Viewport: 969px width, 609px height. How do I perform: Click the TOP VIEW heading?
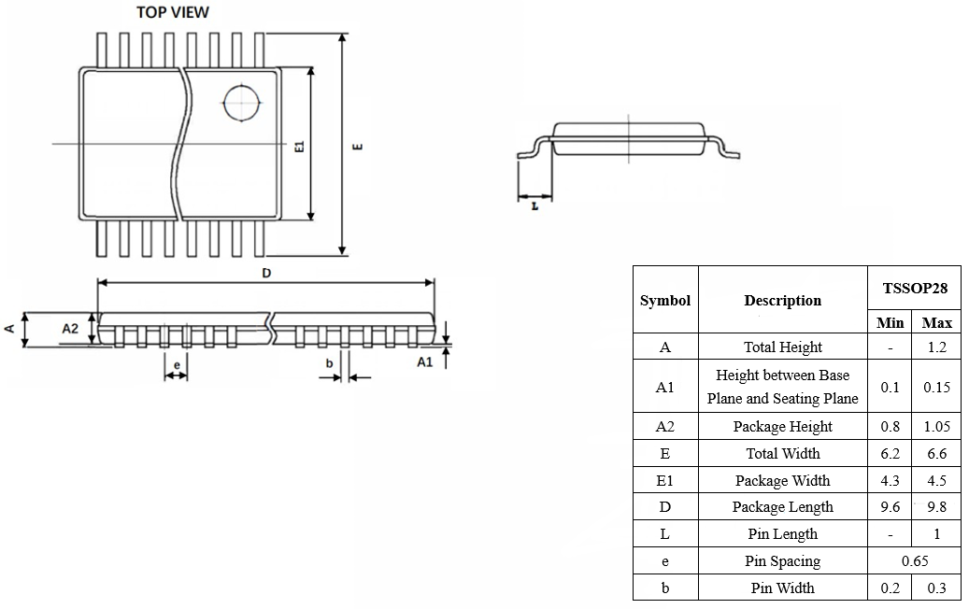click(173, 12)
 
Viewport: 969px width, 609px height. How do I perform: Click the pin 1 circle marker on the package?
click(242, 86)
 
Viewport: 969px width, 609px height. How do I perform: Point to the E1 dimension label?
click(300, 147)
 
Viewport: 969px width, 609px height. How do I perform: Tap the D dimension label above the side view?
click(266, 273)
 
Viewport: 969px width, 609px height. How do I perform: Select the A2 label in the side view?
click(70, 328)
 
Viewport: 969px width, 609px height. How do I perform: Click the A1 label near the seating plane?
click(425, 361)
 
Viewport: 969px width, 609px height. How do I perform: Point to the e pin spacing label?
click(177, 365)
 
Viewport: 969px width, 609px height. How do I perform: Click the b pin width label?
click(330, 363)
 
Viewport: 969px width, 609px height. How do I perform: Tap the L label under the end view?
click(535, 206)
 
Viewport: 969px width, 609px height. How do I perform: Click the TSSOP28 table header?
click(915, 289)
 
